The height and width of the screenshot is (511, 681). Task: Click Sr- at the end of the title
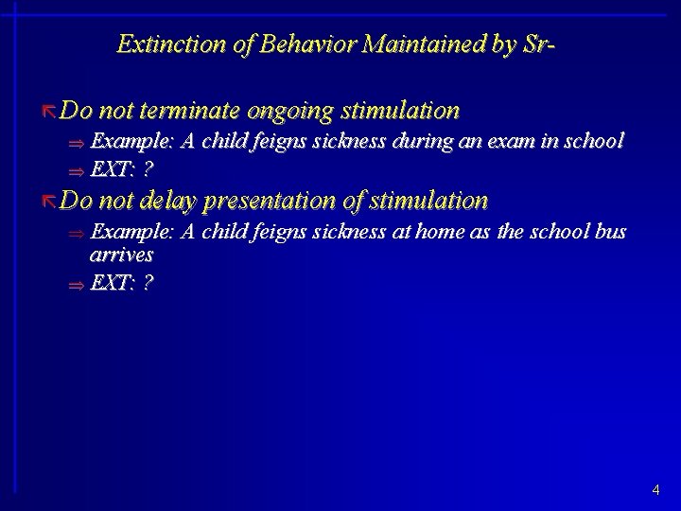[x=533, y=44]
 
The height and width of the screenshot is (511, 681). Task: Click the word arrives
[x=121, y=255]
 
